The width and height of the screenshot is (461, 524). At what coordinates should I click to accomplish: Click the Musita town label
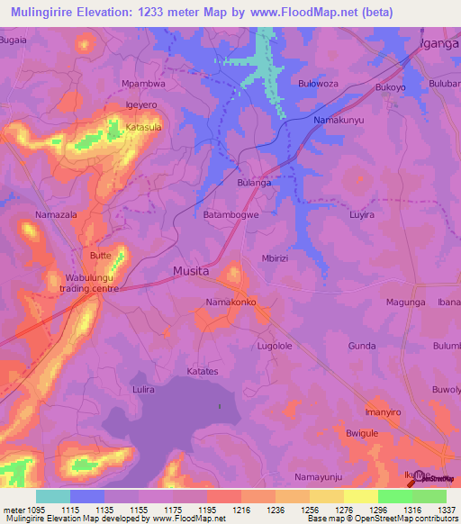(191, 270)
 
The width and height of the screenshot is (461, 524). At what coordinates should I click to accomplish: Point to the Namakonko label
(231, 303)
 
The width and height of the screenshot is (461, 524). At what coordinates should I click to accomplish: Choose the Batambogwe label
(231, 215)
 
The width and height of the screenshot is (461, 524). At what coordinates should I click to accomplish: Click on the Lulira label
(143, 389)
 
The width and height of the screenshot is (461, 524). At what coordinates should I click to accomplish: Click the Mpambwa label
(143, 84)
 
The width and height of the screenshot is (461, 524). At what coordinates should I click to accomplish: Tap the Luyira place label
(361, 216)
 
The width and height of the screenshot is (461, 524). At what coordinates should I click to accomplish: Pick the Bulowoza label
(318, 84)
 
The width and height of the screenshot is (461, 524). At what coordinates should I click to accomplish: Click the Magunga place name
(405, 303)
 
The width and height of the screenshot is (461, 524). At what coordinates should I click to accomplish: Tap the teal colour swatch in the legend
(53, 496)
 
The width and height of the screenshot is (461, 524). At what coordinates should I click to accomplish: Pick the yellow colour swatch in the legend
(360, 496)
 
